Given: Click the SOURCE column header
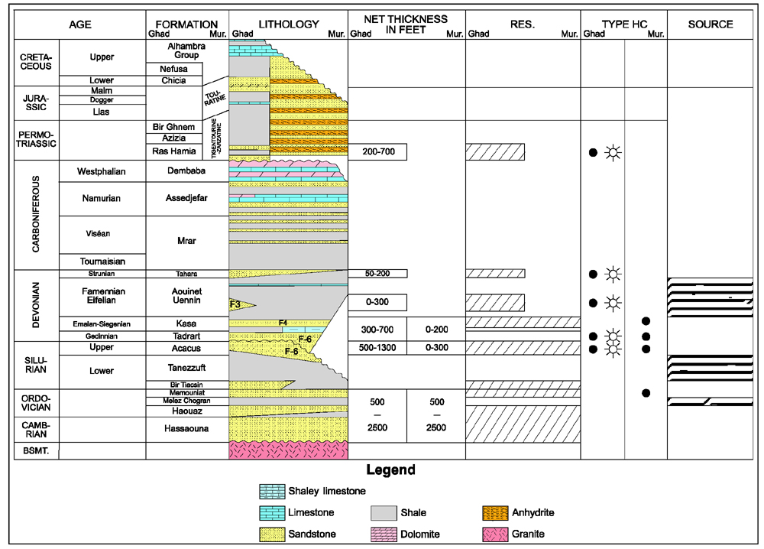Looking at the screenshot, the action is pos(711,24).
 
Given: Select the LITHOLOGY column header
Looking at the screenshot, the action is pos(289,24).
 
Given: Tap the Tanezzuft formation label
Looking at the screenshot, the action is pos(186,368).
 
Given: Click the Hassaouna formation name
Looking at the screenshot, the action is pos(186,428).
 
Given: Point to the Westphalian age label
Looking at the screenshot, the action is pos(102,171).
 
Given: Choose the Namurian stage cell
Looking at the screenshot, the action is pos(102,199).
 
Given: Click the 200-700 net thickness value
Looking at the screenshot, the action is pos(378,151).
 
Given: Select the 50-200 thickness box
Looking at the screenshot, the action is pos(377,274).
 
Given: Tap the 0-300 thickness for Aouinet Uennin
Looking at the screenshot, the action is pos(377,302).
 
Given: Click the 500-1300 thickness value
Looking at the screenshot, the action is pos(377,348).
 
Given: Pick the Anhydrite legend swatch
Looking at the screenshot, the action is pos(496,513).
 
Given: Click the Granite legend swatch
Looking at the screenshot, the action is pos(496,534).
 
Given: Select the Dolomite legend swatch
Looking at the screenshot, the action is pos(384,534).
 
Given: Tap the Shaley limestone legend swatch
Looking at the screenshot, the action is pos(272,492).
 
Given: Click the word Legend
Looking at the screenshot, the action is pos(390,470).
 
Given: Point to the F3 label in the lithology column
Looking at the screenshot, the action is pos(235,305).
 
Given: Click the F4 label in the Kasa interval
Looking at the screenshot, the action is pos(283,323).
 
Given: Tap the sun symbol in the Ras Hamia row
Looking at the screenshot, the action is pos(613,153).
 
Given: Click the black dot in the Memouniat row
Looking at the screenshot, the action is pos(646,393).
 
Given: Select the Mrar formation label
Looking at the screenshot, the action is pos(186,241).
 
